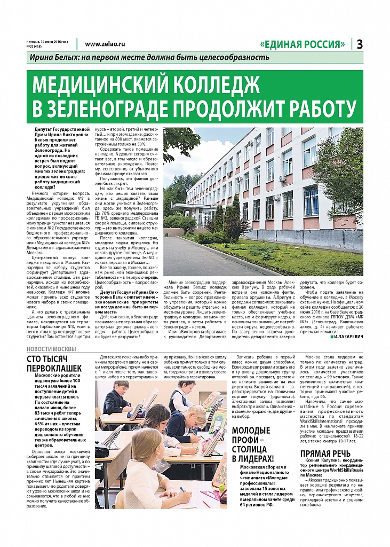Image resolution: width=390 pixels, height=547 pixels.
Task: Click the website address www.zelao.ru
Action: pyautogui.click(x=105, y=44)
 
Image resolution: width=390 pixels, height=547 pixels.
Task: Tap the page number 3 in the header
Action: pyautogui.click(x=360, y=44)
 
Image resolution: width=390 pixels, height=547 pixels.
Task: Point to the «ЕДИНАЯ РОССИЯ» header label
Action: pyautogui.click(x=303, y=44)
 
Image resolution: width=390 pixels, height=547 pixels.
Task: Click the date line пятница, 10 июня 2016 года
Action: pyautogui.click(x=47, y=41)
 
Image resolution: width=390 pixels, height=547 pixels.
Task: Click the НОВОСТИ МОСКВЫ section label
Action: pyautogui.click(x=51, y=349)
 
